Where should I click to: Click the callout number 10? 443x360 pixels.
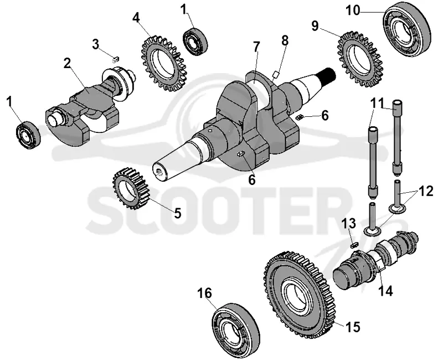point(353,11)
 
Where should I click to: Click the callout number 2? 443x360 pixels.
point(67,64)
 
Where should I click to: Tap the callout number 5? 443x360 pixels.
point(177,213)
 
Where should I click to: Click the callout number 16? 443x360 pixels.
point(204,293)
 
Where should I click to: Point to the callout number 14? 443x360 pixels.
point(385,290)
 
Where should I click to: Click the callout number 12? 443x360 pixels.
point(426,192)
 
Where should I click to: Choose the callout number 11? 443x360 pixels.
point(376,103)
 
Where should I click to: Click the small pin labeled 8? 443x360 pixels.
point(275,75)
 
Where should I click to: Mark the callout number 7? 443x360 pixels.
point(256,48)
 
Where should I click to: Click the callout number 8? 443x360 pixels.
point(285,40)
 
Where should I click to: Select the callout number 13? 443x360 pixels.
point(349,224)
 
